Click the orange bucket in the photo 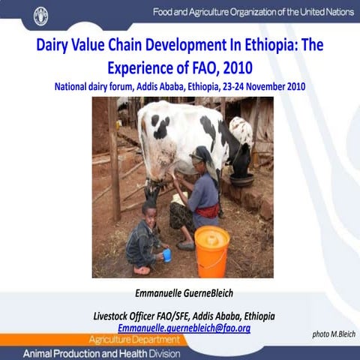pos(211,250)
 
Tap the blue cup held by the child pos(166,255)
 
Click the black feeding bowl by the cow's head pos(242,180)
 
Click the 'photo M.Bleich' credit pos(334,334)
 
